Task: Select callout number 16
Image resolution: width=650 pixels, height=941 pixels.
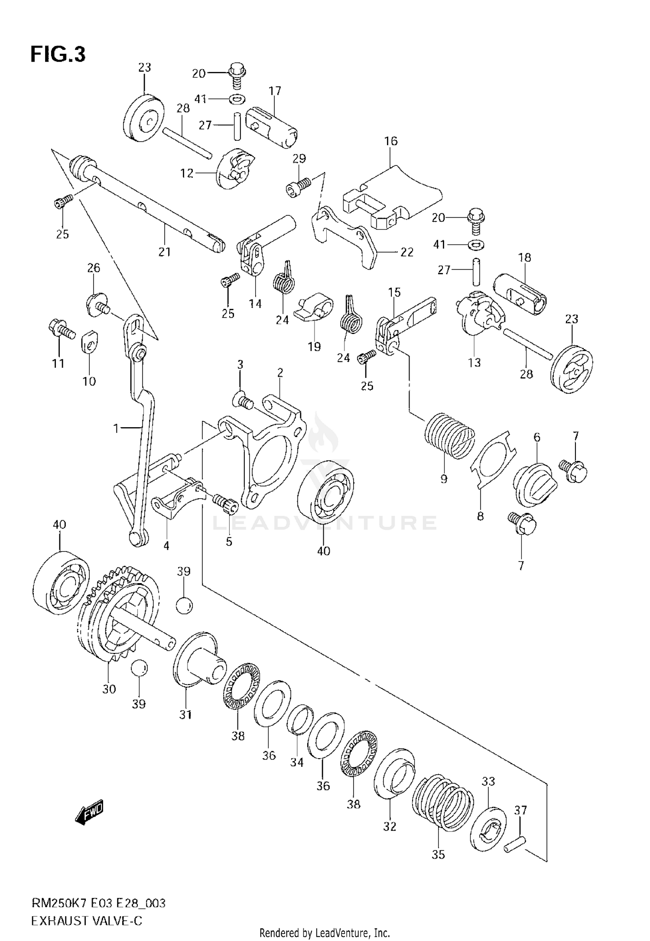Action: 390,141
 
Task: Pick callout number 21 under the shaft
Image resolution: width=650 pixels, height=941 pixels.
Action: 164,252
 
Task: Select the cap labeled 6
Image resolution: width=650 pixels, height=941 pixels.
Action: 535,484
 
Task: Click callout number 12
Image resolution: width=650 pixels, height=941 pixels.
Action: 187,173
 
